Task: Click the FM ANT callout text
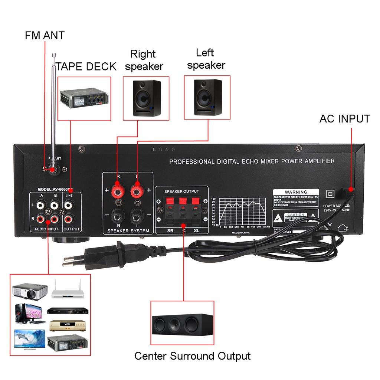[45, 36]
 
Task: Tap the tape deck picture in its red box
[85, 98]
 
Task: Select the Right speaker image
[147, 98]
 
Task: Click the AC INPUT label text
[344, 119]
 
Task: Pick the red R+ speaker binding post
[118, 191]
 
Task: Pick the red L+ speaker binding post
[137, 191]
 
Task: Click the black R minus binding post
[118, 214]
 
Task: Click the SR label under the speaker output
[170, 231]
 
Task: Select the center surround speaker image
[183, 323]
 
